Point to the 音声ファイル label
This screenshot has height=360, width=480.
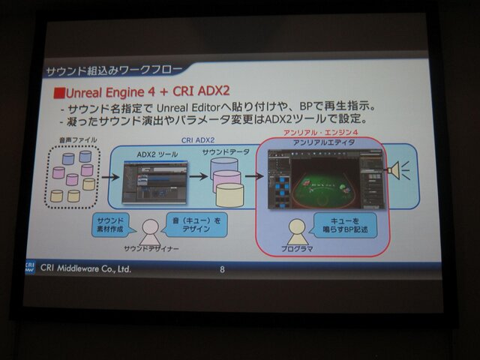pos(70,141)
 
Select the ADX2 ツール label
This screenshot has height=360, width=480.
pos(157,154)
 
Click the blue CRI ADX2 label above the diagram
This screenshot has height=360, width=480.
pos(198,139)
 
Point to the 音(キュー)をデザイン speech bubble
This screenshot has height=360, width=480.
pos(196,223)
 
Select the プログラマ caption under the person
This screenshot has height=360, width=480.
pos(297,248)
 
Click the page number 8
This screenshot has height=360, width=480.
pos(222,268)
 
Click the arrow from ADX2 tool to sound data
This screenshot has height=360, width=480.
pos(198,177)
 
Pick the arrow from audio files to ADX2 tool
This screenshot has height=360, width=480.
pos(109,178)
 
